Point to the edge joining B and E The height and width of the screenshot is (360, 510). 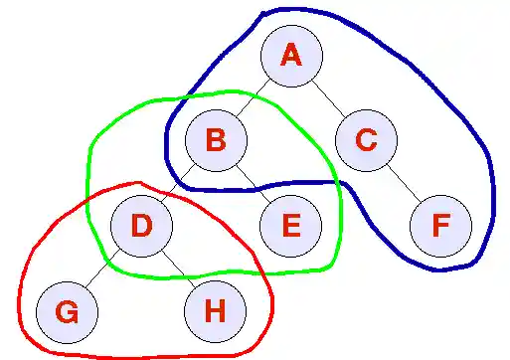pyautogui.click(x=254, y=183)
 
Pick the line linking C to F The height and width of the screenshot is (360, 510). pyautogui.click(x=404, y=183)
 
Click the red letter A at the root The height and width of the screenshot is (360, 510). pyautogui.click(x=291, y=56)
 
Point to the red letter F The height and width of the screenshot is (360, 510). pyautogui.click(x=440, y=226)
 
